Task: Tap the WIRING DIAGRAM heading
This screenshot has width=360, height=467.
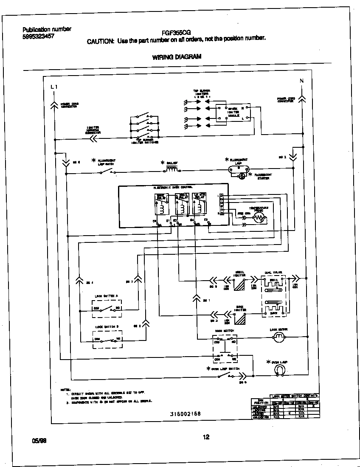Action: tap(177, 56)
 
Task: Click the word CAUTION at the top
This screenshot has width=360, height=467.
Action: tap(100, 41)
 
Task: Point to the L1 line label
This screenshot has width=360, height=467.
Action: tap(53, 87)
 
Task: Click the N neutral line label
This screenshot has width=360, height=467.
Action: tap(301, 81)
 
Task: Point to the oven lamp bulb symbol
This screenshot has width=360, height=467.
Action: tap(279, 371)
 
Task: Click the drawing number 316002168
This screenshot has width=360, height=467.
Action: tap(185, 414)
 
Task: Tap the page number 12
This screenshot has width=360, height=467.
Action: tap(206, 437)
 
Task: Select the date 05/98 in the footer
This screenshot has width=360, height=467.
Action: tap(39, 441)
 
